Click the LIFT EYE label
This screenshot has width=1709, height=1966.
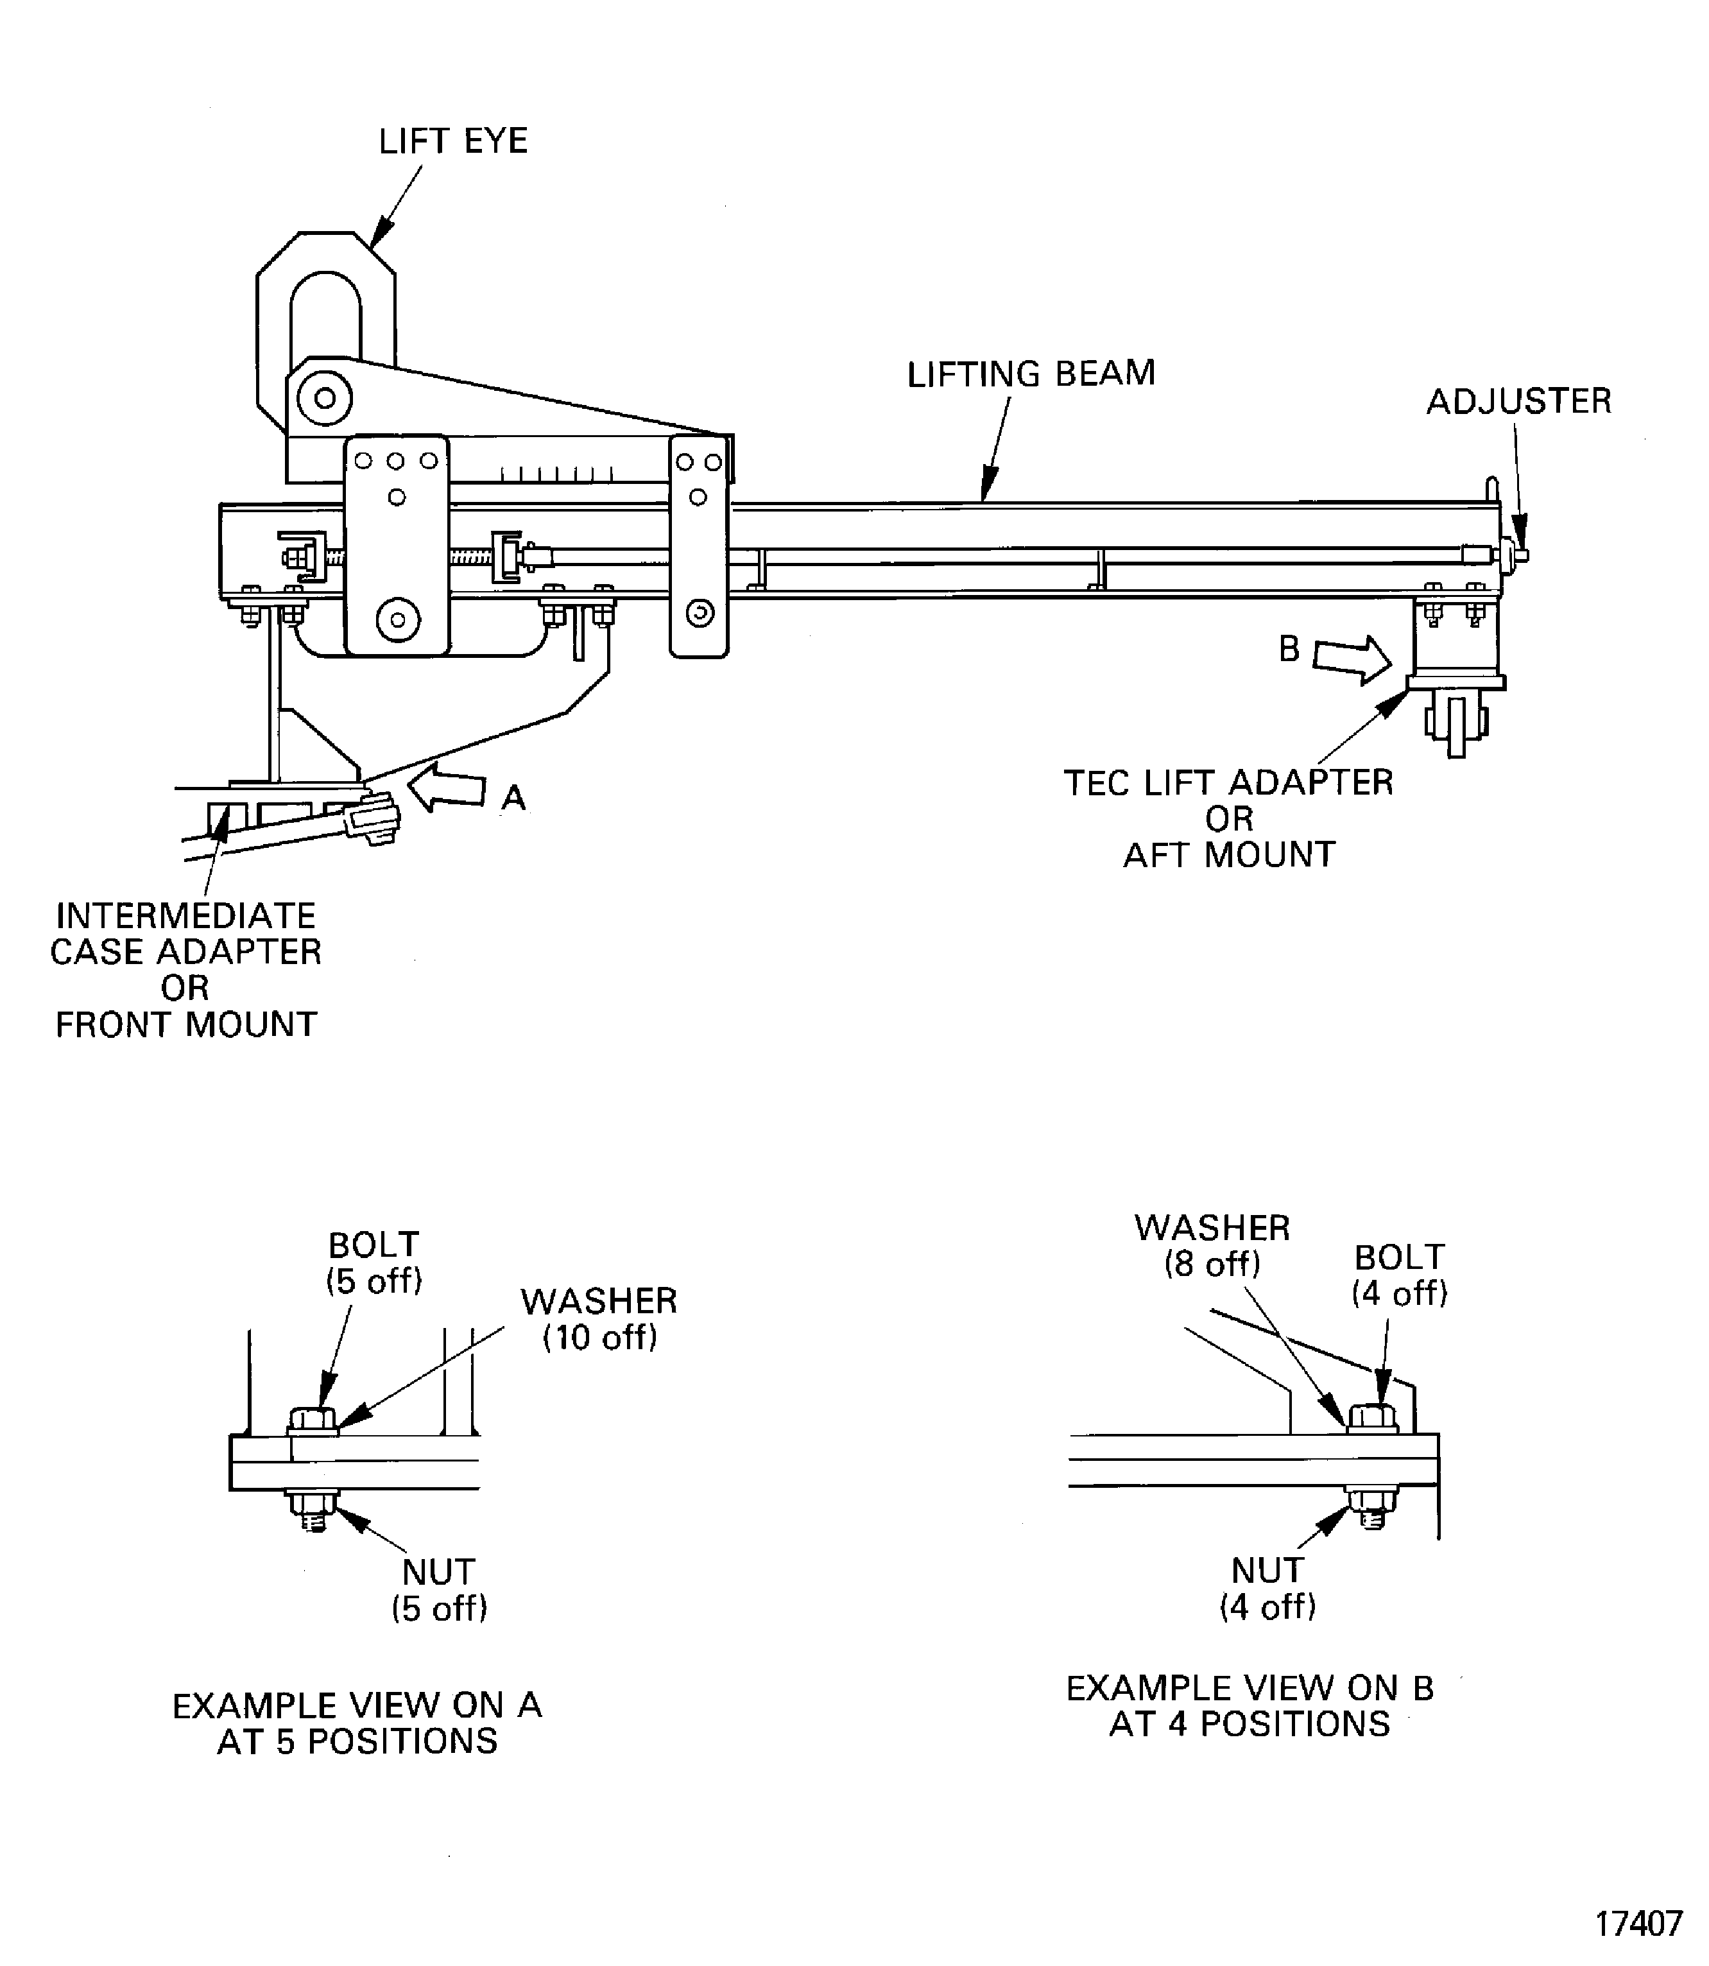point(453,141)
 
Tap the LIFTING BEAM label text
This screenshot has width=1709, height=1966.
point(1031,374)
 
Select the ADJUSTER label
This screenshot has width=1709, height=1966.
point(1518,402)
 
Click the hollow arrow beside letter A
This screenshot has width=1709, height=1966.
point(445,788)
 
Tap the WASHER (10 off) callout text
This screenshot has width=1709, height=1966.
point(599,1319)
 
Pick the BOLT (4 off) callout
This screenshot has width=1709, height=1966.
point(1399,1275)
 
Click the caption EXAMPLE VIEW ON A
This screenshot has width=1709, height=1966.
point(357,1705)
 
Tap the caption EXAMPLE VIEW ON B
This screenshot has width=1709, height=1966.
point(1250,1689)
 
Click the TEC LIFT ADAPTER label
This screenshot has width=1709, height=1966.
point(1228,783)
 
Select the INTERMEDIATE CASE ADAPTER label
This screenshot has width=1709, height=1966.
point(186,934)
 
